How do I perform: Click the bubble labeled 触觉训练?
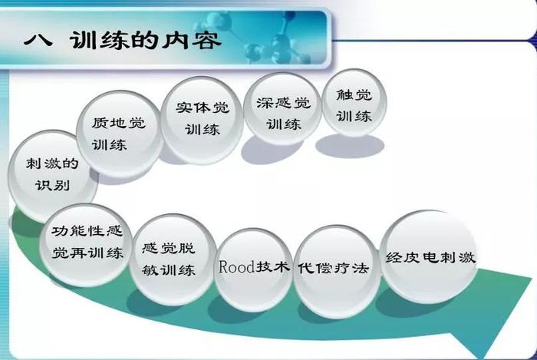pyautogui.click(x=354, y=103)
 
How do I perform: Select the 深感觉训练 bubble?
pyautogui.click(x=283, y=108)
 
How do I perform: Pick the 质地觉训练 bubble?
pyautogui.click(x=119, y=134)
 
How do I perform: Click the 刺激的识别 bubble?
pyautogui.click(x=52, y=175)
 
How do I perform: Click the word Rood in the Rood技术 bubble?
pyautogui.click(x=236, y=267)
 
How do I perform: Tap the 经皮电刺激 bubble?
pyautogui.click(x=430, y=257)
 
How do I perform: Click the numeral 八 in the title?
pyautogui.click(x=38, y=40)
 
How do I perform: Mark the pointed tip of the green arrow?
pyautogui.click(x=478, y=356)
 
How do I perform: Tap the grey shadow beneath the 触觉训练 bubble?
pyautogui.click(x=350, y=146)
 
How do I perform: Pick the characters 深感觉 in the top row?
pyautogui.click(x=284, y=103)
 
